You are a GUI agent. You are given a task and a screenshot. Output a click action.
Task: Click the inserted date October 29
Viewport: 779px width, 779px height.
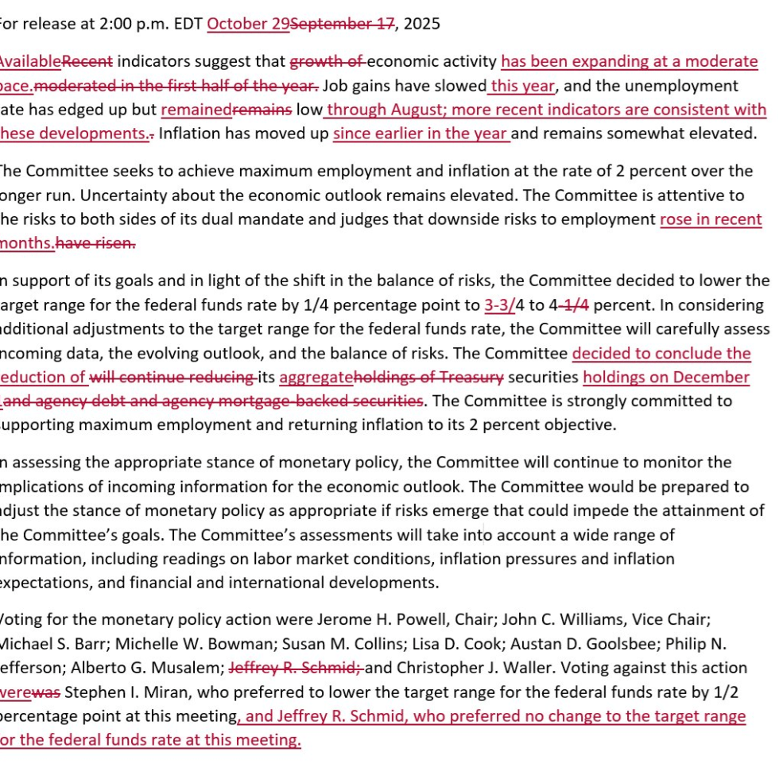(x=248, y=24)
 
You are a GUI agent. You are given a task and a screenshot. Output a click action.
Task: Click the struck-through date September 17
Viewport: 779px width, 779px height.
(x=343, y=24)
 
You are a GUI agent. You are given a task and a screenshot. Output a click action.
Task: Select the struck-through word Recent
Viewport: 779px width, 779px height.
(x=87, y=61)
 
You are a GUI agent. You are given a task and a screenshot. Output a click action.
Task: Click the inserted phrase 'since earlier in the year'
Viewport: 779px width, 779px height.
(x=421, y=134)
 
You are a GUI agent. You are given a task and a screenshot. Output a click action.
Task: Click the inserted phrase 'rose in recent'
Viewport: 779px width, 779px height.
(x=711, y=219)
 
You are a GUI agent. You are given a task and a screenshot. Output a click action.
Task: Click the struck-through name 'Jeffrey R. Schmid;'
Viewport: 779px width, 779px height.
(x=296, y=668)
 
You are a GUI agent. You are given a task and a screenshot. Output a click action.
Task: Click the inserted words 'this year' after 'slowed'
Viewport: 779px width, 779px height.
(x=523, y=86)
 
